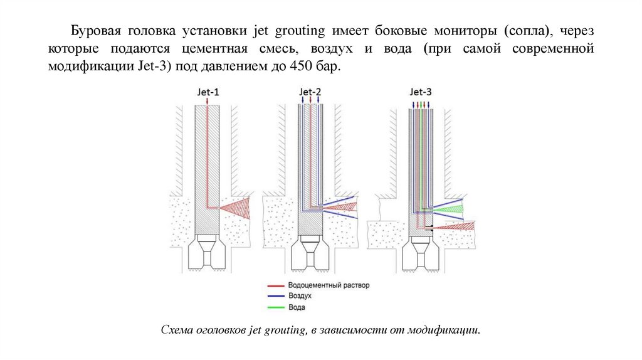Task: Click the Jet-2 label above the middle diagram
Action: pyautogui.click(x=310, y=92)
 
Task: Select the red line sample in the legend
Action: pyautogui.click(x=274, y=285)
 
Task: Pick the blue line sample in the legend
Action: pyautogui.click(x=274, y=295)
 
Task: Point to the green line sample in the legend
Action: pyautogui.click(x=274, y=306)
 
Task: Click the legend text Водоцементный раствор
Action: pyautogui.click(x=329, y=285)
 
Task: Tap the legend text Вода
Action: pyautogui.click(x=297, y=307)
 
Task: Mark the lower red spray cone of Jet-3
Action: pyautogui.click(x=455, y=226)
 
